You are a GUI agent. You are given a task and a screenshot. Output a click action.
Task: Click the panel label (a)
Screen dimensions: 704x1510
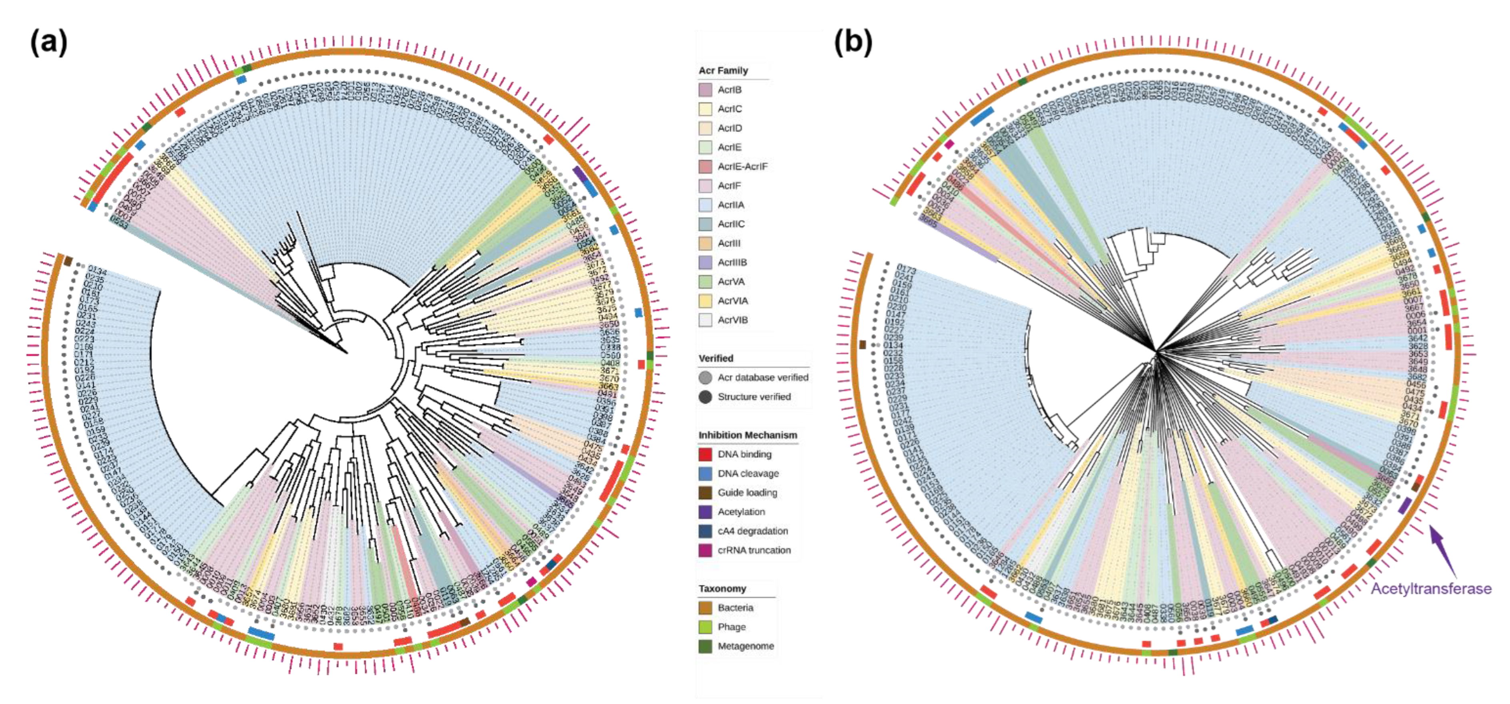click(49, 43)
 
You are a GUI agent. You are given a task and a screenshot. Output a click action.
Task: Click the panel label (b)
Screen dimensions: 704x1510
click(853, 43)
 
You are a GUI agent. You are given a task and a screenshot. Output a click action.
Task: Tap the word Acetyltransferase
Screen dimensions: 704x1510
click(1430, 588)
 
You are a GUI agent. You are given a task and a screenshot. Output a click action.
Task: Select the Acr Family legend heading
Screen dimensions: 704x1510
click(723, 70)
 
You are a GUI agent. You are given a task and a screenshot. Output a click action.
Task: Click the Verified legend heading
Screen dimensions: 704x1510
click(716, 358)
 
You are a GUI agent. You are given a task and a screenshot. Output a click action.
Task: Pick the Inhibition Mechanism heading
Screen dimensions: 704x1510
click(747, 435)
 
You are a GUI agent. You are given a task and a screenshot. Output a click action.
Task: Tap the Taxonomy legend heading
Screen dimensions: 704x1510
click(722, 588)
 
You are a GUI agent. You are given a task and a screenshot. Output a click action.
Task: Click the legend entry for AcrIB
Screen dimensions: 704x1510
click(729, 89)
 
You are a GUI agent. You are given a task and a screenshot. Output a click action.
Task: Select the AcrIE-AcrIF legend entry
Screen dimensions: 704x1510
click(742, 166)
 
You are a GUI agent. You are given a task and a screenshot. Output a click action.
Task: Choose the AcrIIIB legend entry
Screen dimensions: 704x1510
click(732, 263)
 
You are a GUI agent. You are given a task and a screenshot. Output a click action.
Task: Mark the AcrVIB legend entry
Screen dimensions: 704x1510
click(732, 320)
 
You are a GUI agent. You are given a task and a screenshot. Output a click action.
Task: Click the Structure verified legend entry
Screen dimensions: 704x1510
click(754, 396)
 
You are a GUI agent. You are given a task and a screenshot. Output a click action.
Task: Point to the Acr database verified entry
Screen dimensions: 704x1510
click(763, 377)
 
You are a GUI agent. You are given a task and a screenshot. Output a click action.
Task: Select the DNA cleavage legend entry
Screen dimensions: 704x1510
click(748, 473)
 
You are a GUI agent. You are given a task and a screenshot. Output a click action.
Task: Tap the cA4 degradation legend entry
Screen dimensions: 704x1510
click(753, 531)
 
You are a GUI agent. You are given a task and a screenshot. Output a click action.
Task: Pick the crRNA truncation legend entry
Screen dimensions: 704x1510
click(754, 550)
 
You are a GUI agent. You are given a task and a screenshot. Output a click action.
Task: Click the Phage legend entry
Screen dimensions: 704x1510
click(731, 627)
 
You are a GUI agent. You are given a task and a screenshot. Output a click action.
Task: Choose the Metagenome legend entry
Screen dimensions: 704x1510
click(746, 646)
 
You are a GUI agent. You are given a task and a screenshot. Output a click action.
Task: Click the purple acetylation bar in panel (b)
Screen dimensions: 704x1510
click(1404, 505)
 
